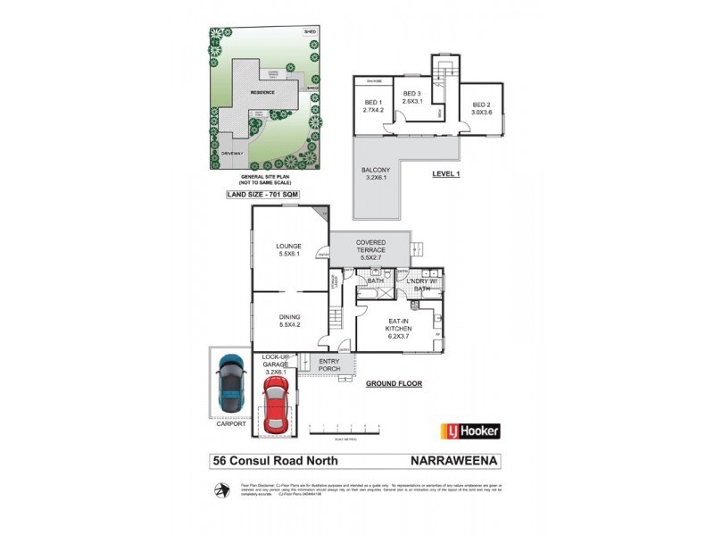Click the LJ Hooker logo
(470, 431)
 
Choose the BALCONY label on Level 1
(374, 173)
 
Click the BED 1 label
(372, 105)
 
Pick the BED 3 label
(411, 97)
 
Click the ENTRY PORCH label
(330, 364)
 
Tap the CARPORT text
(229, 423)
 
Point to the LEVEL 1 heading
(444, 173)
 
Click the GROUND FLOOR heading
(394, 383)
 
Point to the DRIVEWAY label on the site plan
(232, 153)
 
